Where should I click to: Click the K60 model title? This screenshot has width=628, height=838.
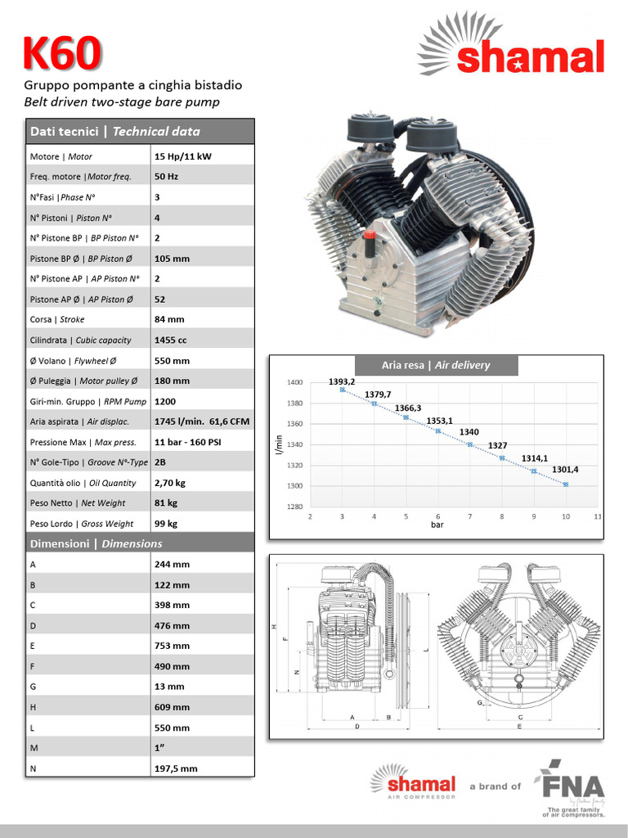(x=62, y=54)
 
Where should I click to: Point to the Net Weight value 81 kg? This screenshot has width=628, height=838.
(x=166, y=502)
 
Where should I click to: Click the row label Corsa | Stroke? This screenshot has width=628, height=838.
(x=57, y=320)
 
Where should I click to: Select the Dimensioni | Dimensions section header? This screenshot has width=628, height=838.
(x=96, y=543)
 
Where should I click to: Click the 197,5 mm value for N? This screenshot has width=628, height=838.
(x=176, y=768)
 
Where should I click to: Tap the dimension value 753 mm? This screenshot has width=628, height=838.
(x=172, y=646)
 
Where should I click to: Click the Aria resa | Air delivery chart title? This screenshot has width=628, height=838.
(x=436, y=365)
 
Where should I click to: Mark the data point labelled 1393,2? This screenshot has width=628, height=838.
(x=342, y=390)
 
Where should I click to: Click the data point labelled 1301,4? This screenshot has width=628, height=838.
(x=565, y=484)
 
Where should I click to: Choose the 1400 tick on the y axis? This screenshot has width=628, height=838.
(x=294, y=382)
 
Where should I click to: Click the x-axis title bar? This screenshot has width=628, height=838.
(x=437, y=525)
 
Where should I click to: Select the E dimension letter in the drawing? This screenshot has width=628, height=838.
(x=519, y=726)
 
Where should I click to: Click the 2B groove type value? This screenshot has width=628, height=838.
(x=159, y=462)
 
